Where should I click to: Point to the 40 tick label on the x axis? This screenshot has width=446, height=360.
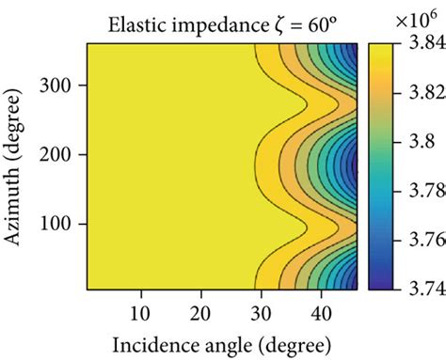(318, 308)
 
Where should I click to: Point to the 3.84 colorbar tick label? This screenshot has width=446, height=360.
(421, 44)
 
